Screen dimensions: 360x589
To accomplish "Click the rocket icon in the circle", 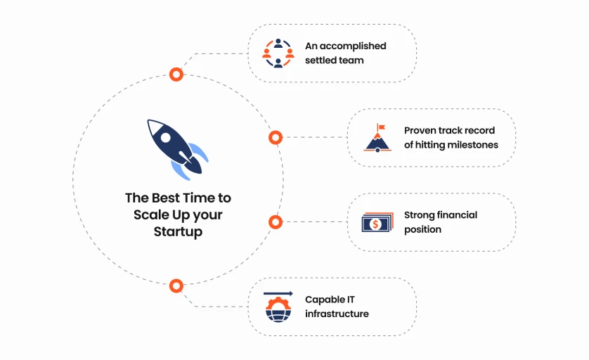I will [x=176, y=148].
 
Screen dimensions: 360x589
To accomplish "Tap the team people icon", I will [x=278, y=53].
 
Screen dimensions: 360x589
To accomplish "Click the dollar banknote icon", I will [x=377, y=222].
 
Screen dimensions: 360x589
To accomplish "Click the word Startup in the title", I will [x=178, y=231].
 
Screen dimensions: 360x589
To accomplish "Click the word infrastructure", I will [x=337, y=314].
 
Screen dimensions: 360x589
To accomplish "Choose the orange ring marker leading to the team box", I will [x=176, y=74].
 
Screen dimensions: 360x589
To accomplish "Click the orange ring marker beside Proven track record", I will [x=276, y=138].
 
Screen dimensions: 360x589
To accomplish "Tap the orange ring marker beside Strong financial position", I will [x=276, y=222].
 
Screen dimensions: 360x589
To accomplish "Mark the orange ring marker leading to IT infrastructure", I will [x=176, y=285].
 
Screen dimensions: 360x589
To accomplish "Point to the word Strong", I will [x=419, y=215].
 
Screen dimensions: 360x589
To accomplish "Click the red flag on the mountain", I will [x=381, y=127].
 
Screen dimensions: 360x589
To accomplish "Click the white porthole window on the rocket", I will [x=166, y=138].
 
